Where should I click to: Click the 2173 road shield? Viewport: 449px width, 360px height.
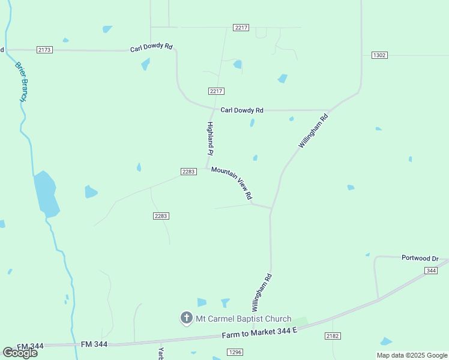[x=44, y=49]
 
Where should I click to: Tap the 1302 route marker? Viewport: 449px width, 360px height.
[x=379, y=55]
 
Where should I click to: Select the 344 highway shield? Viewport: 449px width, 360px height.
[x=430, y=271]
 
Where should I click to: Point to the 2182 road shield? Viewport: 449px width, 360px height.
[x=333, y=336]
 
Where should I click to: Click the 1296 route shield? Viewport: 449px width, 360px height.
[x=235, y=352]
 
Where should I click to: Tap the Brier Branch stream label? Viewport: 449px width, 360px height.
[x=22, y=81]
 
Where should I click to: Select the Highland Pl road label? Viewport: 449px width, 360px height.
[x=210, y=139]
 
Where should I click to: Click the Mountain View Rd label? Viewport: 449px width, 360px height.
[x=232, y=183]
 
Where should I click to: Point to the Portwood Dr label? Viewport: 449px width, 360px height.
[x=420, y=258]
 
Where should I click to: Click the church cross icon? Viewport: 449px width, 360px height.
[x=186, y=318]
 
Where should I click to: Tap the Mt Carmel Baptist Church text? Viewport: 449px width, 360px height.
[x=243, y=319]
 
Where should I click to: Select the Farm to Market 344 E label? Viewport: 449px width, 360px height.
[x=260, y=334]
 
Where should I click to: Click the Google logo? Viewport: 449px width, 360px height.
[x=20, y=353]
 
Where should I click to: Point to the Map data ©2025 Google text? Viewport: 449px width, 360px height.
[x=412, y=355]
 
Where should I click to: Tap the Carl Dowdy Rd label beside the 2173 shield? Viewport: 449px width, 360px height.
[x=151, y=48]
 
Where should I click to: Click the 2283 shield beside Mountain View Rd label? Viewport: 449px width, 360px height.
[x=188, y=172]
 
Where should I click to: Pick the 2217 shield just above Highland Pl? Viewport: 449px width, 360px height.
[x=217, y=91]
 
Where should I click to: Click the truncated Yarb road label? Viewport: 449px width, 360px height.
[x=161, y=353]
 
